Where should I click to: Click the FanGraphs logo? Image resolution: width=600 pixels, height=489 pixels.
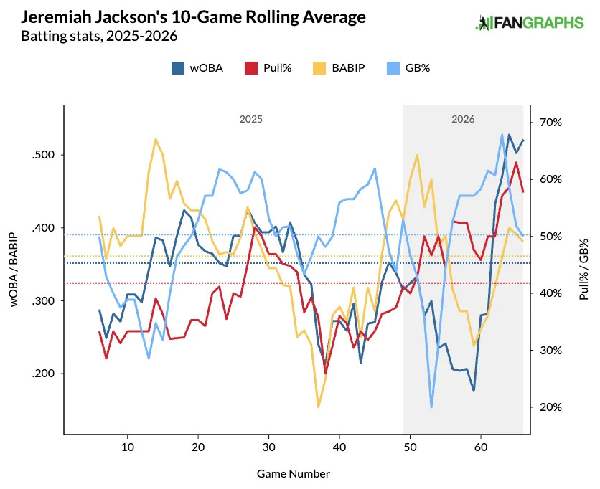click(530, 23)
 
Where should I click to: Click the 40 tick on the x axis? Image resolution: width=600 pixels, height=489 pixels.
click(339, 448)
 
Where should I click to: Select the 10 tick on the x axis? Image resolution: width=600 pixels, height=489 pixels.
click(127, 448)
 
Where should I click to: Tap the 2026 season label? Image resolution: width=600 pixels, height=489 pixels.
click(463, 120)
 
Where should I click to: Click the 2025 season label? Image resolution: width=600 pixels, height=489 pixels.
click(250, 120)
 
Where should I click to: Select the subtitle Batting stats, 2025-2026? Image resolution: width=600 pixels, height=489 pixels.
click(99, 35)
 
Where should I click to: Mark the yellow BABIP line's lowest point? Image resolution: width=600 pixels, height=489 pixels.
click(318, 407)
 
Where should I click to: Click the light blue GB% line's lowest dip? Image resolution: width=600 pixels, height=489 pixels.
click(431, 407)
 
